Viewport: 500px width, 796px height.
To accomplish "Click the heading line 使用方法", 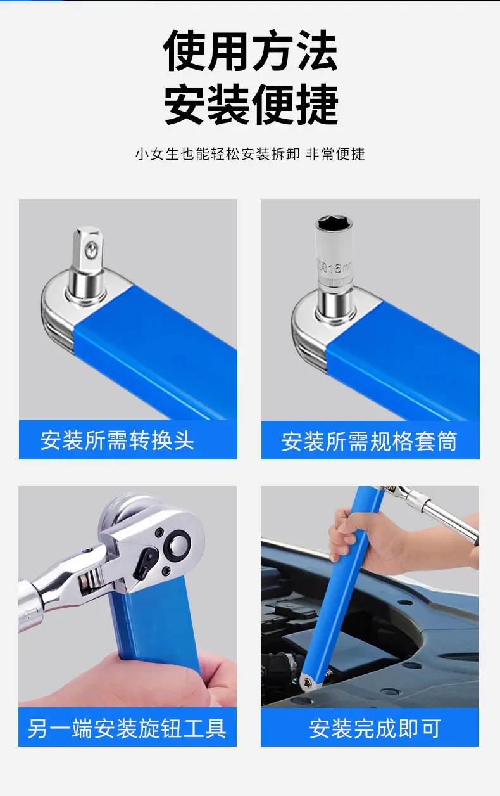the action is coord(250,51).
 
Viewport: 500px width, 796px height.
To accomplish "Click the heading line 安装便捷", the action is coord(251,104).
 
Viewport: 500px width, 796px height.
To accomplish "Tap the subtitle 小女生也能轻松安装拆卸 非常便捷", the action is coord(250,154).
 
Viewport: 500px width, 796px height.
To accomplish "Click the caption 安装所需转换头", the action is coord(117,440).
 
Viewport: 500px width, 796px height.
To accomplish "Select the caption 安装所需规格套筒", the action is coord(370,441).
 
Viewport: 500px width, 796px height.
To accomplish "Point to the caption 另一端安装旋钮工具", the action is coord(127,728).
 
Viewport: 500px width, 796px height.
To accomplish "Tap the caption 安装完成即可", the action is coord(375,728).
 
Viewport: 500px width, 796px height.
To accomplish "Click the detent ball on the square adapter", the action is coord(92,250).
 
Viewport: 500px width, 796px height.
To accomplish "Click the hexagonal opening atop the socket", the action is coord(334,223).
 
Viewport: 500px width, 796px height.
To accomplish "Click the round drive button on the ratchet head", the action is coord(177,544).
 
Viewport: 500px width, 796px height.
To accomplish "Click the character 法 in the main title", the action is coord(318,51).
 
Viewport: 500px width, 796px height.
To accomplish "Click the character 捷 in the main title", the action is coord(318,104).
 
